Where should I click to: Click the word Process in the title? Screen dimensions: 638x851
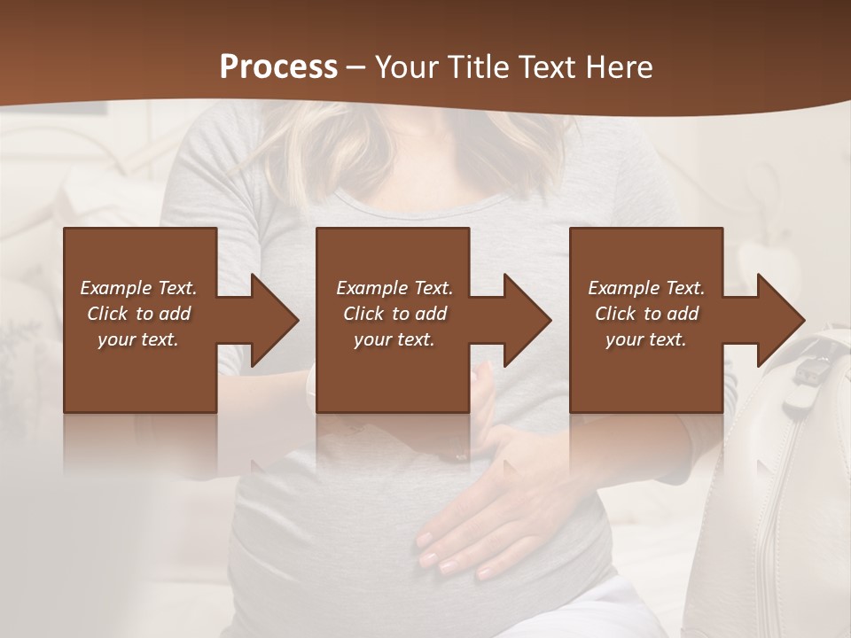pos(278,67)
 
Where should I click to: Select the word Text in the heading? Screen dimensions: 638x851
pos(544,67)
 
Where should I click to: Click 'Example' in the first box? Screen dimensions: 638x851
pos(117,288)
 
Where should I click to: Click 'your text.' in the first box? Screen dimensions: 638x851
pos(138,339)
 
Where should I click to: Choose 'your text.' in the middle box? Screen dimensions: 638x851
pos(394,339)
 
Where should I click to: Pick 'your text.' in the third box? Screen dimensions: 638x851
pos(646,339)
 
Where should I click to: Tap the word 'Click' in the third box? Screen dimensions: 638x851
pos(616,314)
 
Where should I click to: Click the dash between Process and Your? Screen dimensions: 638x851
pos(355,68)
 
